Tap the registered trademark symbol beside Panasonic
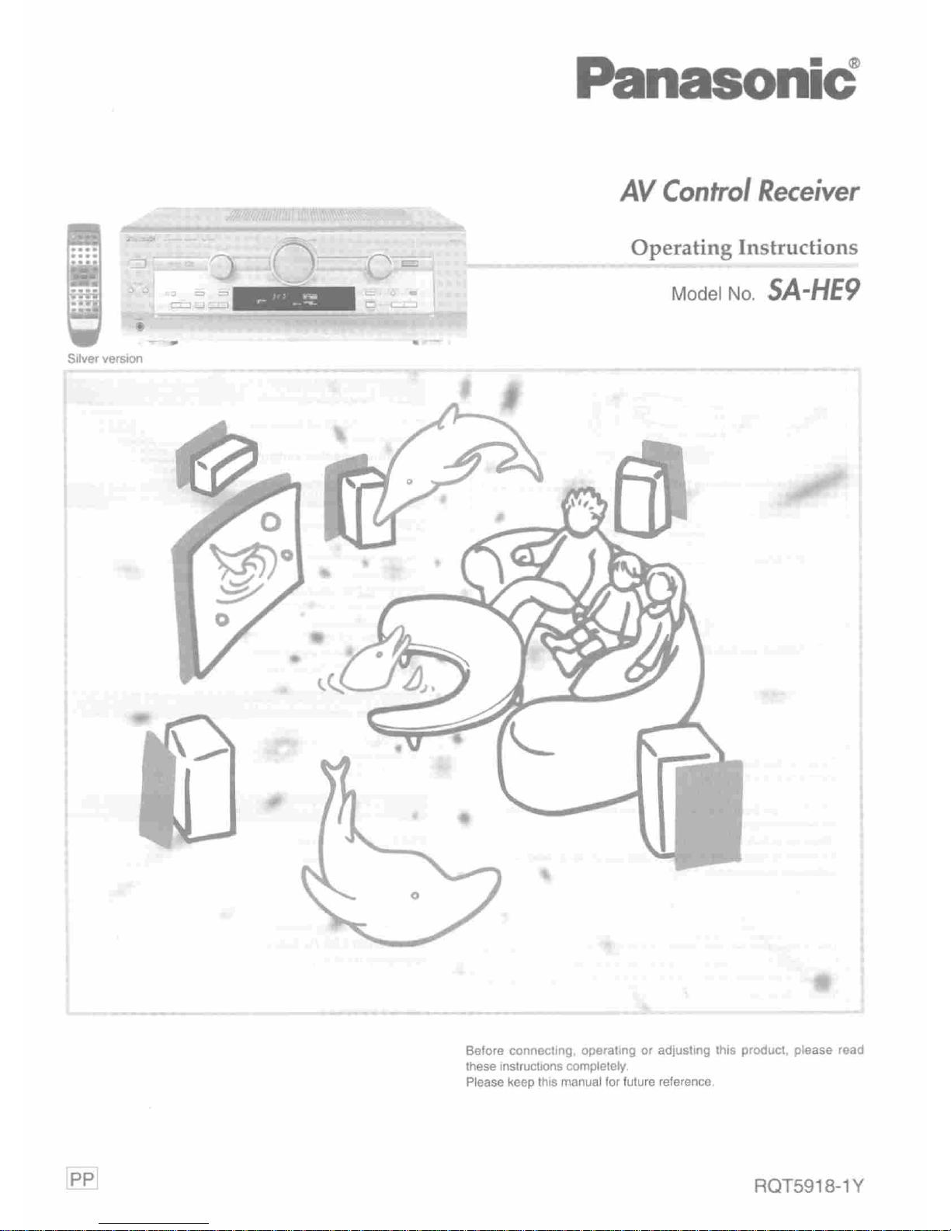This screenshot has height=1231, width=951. point(853,62)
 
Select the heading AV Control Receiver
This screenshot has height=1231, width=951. point(739,191)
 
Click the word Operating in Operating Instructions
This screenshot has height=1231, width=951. point(681,248)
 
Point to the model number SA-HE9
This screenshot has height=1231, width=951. point(814,290)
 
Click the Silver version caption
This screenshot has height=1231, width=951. point(105,359)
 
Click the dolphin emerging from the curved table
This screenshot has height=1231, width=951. point(377,660)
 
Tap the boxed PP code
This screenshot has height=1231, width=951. point(82,1180)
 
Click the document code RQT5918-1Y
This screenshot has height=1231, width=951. point(808,1186)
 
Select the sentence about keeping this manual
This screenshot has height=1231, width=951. point(589,1082)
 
